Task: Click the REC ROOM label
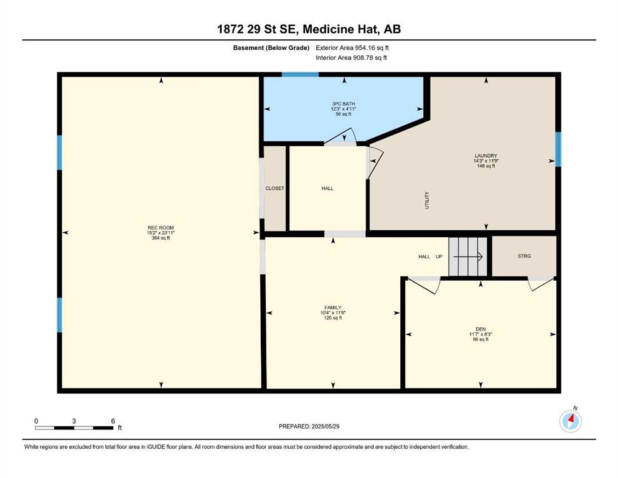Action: (161, 228)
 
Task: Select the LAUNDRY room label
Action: (486, 156)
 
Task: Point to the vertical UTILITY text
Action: (427, 200)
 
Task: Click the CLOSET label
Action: (274, 189)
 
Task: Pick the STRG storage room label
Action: (524, 256)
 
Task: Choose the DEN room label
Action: (480, 329)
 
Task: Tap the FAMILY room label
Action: (332, 307)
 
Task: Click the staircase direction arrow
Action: (468, 257)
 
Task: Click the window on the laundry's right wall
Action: (558, 149)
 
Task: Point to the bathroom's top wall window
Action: (300, 75)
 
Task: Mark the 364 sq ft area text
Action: (161, 238)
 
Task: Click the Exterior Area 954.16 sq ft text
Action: (352, 48)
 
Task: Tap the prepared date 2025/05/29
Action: (325, 426)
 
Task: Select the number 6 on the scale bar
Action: (113, 421)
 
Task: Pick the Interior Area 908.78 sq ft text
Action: (351, 57)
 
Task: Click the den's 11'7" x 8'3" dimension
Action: (480, 334)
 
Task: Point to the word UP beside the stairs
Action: (439, 256)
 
